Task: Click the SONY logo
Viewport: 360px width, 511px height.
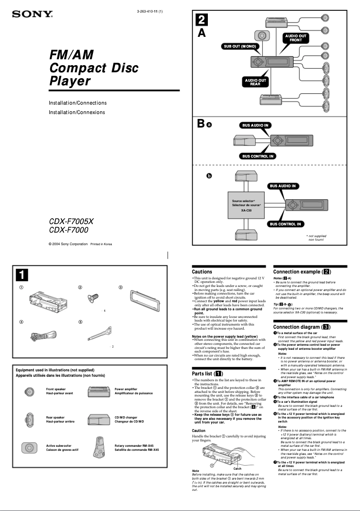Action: pyautogui.click(x=32, y=14)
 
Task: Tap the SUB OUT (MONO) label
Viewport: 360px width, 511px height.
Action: pyautogui.click(x=240, y=46)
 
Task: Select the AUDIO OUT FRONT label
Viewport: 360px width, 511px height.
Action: pyautogui.click(x=295, y=38)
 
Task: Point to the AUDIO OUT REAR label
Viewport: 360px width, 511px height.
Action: pyautogui.click(x=255, y=82)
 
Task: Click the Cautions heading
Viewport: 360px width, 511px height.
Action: pyautogui.click(x=202, y=272)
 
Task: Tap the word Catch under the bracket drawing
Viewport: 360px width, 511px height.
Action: pyautogui.click(x=237, y=468)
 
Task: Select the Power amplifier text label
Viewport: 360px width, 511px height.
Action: pyautogui.click(x=126, y=389)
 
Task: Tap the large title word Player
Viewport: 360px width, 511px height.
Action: pyautogui.click(x=70, y=81)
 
